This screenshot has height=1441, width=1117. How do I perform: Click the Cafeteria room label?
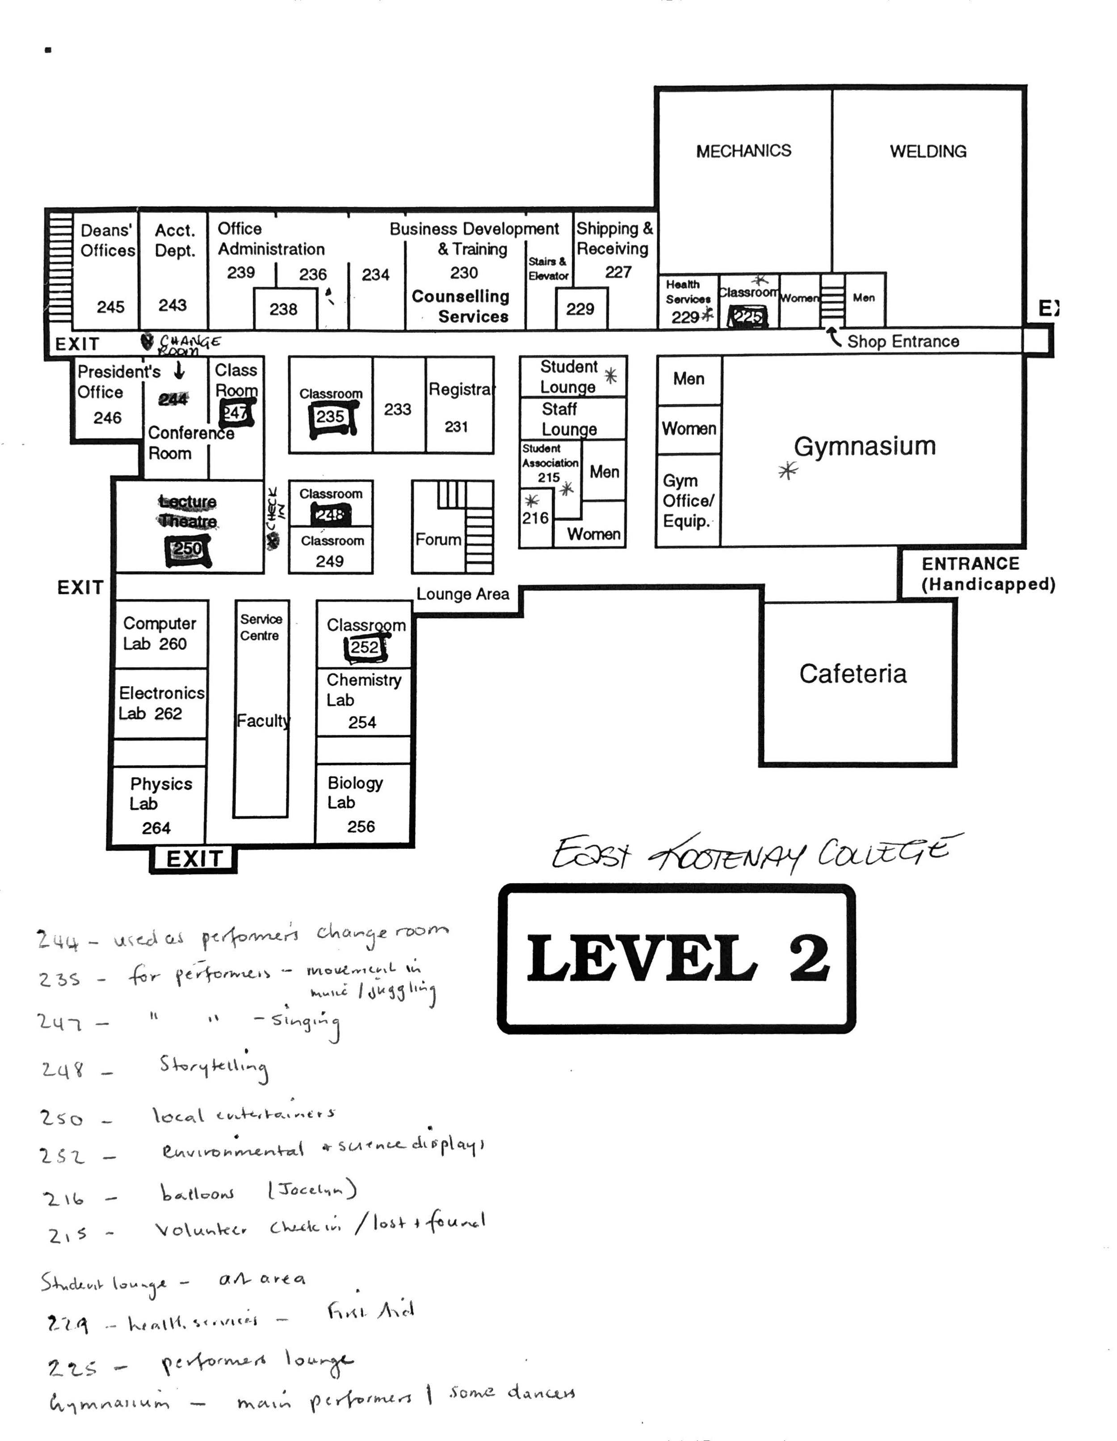coord(852,674)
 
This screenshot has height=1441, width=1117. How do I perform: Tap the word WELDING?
coord(928,151)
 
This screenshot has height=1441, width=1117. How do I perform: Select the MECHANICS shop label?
coord(743,151)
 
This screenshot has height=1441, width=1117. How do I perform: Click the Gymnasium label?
coord(864,446)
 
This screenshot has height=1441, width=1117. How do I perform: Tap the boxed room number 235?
coord(330,416)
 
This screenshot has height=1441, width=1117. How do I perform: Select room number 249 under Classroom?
coord(329,561)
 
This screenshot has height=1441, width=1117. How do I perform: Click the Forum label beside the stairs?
coord(438,540)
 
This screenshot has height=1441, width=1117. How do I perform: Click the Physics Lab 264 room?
coord(159,805)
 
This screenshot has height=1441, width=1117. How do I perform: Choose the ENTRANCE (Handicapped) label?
coord(987,574)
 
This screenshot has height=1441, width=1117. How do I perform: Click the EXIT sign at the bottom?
coord(193,859)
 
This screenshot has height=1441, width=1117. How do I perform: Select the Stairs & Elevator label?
coord(547,268)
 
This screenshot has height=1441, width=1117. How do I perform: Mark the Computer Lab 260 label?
coord(159,633)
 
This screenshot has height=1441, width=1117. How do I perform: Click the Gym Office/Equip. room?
coord(687,500)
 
